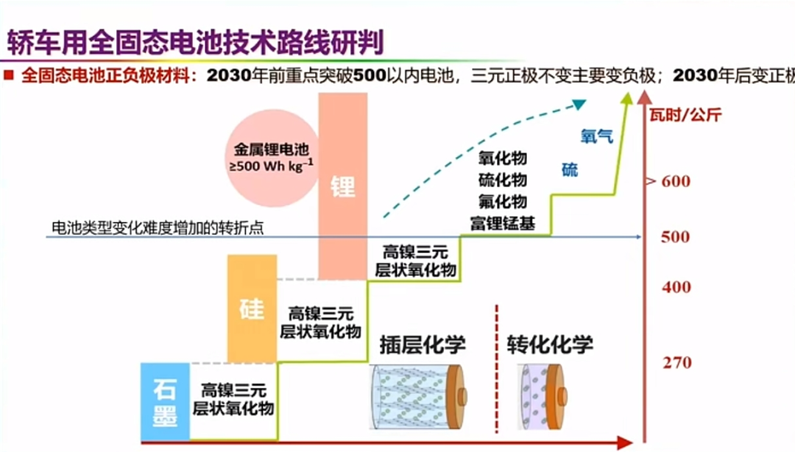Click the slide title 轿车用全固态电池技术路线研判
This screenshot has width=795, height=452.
click(195, 43)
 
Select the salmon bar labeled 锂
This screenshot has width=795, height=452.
click(342, 186)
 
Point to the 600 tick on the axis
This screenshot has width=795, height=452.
click(675, 181)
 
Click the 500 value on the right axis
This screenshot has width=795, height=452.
click(675, 237)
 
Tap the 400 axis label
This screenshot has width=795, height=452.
click(676, 287)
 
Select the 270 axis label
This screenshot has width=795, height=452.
click(676, 363)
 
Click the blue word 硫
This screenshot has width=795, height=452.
click(570, 171)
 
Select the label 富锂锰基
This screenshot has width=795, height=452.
click(503, 222)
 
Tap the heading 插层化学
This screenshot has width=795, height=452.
click(423, 345)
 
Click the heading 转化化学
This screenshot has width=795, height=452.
click(549, 345)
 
